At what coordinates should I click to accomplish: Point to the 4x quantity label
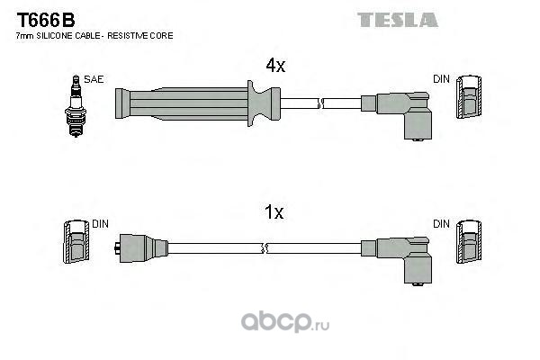[x=274, y=66]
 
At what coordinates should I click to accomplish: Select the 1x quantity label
[x=274, y=213]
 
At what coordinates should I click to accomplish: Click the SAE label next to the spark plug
[x=94, y=80]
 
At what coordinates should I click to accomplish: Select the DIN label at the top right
[x=441, y=80]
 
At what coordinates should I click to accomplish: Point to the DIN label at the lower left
[x=100, y=224]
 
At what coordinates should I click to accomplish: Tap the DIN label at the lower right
[x=441, y=224]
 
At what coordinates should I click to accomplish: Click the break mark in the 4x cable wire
[x=319, y=104]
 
